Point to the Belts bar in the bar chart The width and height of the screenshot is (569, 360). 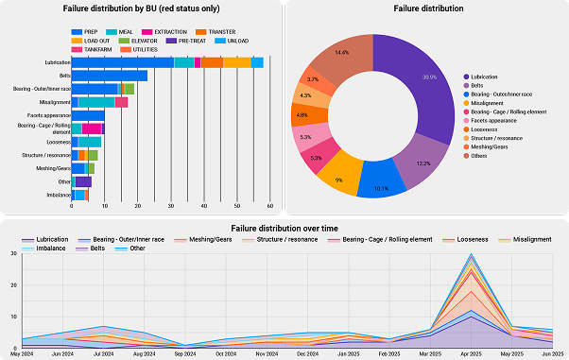(x=109, y=75)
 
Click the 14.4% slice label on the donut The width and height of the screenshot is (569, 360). (x=342, y=53)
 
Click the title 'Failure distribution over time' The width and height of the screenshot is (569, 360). (x=284, y=228)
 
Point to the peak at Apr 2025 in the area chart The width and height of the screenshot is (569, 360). (x=472, y=254)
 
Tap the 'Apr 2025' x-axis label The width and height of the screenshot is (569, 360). (x=472, y=353)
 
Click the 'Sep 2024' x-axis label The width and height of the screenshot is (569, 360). (x=184, y=353)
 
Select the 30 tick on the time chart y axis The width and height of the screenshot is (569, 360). (x=12, y=254)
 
